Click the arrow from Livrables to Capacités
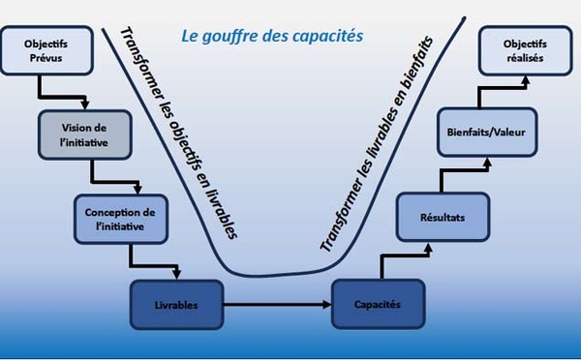(x=276, y=305)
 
